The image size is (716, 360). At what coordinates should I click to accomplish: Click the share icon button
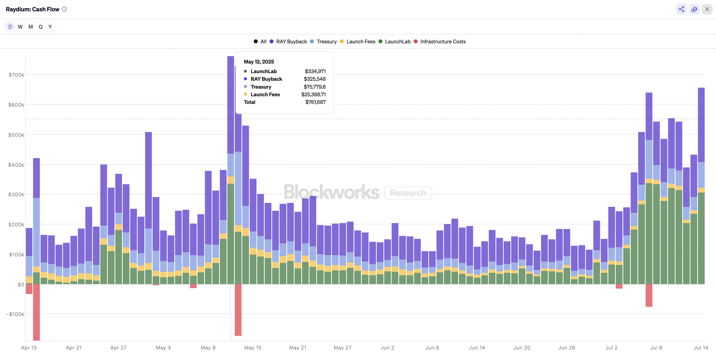tap(681, 9)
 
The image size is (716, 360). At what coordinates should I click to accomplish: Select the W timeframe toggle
tap(20, 27)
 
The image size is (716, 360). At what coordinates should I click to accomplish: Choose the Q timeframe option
tap(41, 27)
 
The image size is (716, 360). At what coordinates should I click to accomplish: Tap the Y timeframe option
tap(50, 27)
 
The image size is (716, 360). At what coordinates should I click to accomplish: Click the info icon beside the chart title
tap(64, 9)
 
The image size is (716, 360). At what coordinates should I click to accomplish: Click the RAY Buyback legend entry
tap(291, 41)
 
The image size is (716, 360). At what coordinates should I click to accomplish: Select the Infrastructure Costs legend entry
tap(443, 41)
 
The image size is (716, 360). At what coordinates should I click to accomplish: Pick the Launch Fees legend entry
tap(360, 41)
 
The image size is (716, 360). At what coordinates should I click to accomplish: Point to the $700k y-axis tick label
tap(16, 75)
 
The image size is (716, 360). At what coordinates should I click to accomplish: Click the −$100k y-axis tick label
tap(15, 314)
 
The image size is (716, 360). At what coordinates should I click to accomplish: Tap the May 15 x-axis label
tap(253, 347)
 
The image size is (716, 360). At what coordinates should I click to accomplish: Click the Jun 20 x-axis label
tap(522, 347)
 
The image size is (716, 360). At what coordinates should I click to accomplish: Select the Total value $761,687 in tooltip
tap(315, 102)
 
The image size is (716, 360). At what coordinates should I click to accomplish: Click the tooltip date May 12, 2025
tap(259, 62)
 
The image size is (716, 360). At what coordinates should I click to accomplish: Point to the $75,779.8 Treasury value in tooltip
tap(314, 87)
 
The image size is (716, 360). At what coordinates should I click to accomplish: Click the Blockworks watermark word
tap(331, 192)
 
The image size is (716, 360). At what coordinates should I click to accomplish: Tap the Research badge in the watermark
tap(408, 193)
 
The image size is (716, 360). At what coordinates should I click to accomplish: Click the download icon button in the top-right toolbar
tap(694, 9)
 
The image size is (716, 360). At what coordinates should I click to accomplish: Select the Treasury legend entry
tap(326, 41)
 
